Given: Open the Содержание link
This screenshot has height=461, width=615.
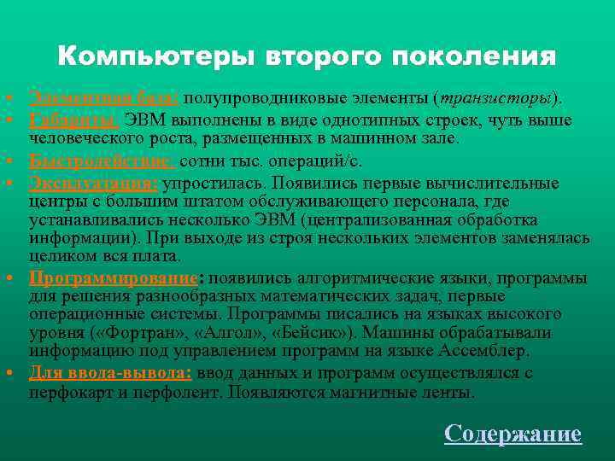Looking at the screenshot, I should [512, 434].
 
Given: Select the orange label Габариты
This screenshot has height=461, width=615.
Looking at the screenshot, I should [75, 119].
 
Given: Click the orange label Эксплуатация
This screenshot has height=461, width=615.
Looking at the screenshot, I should [92, 182].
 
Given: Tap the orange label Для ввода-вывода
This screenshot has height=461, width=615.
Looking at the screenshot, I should [111, 372].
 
